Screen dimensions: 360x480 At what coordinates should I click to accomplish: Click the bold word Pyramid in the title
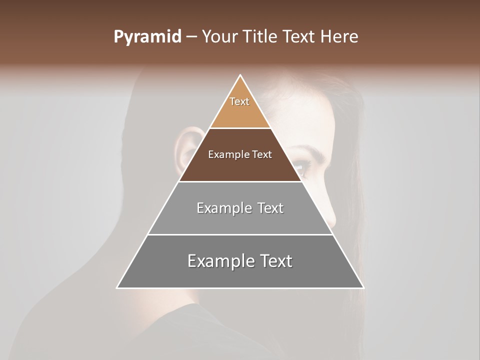point(147,37)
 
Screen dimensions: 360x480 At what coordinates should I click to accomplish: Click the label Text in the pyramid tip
point(239,101)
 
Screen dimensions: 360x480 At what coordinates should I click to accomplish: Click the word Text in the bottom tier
point(272,261)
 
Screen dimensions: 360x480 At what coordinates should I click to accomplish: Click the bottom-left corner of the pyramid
point(117,288)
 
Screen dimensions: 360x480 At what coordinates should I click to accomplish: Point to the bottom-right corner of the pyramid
point(363,288)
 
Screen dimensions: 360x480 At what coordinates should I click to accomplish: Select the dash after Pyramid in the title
point(191,37)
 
